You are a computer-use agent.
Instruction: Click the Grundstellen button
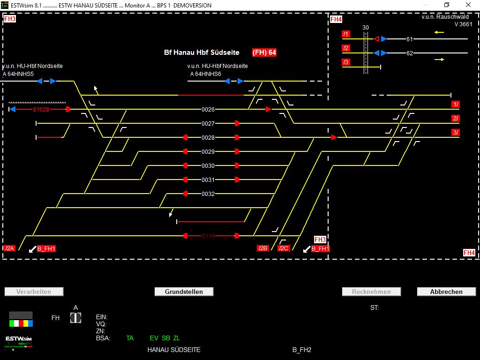184,292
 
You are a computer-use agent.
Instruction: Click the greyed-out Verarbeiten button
34,292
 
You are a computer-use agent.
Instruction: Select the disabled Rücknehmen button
371,292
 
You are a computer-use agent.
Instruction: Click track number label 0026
208,109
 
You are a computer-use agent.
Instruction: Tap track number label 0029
208,151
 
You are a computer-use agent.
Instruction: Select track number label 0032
208,194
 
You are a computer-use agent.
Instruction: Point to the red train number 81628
41,109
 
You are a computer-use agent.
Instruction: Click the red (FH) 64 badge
264,52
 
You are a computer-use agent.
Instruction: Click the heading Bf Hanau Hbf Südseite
202,52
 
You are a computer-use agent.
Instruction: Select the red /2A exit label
10,248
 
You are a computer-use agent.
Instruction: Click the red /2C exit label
284,248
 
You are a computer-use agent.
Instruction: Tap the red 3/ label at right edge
455,133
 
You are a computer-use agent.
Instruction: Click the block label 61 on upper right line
410,39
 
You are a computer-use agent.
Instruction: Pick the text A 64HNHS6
205,74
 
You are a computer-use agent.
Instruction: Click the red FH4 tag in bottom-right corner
469,253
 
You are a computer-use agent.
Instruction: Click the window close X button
468,5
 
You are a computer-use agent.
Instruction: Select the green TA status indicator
130,338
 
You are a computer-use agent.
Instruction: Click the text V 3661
463,24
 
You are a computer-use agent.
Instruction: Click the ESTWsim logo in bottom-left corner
19,339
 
